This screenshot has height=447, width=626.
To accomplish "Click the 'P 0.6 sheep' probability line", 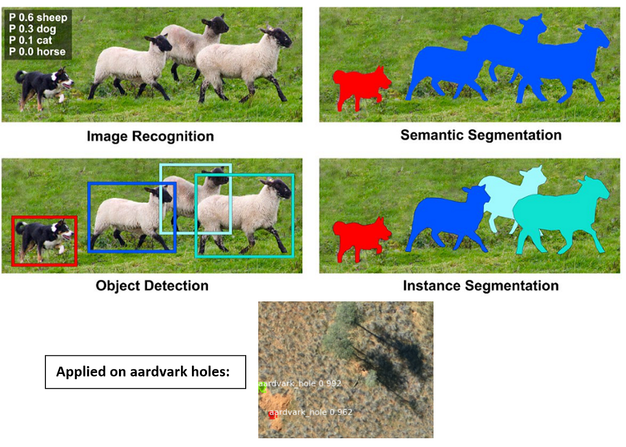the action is (38, 18).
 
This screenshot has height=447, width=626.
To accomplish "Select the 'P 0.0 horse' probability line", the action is (37, 52).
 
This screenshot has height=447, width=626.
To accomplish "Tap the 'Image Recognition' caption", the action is (150, 137).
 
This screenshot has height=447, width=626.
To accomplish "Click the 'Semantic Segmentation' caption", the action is (481, 135).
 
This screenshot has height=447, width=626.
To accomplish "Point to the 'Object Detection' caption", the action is (152, 286).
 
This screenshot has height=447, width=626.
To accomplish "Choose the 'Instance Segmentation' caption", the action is (480, 286).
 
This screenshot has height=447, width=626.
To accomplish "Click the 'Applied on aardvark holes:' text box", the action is (145, 372).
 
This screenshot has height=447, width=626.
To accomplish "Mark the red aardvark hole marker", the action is (272, 415).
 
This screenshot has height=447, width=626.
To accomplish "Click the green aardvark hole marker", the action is (262, 389).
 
